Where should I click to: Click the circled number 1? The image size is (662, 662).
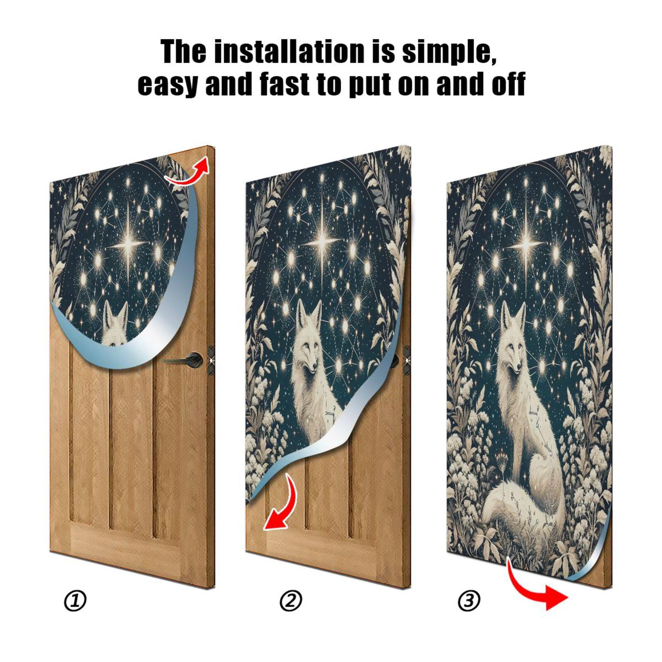tap(75, 601)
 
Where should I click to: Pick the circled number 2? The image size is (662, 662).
tap(291, 601)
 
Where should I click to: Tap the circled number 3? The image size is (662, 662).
tap(469, 601)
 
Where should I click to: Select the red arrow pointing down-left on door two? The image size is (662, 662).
tap(280, 505)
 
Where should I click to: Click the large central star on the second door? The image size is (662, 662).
tap(322, 243)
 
